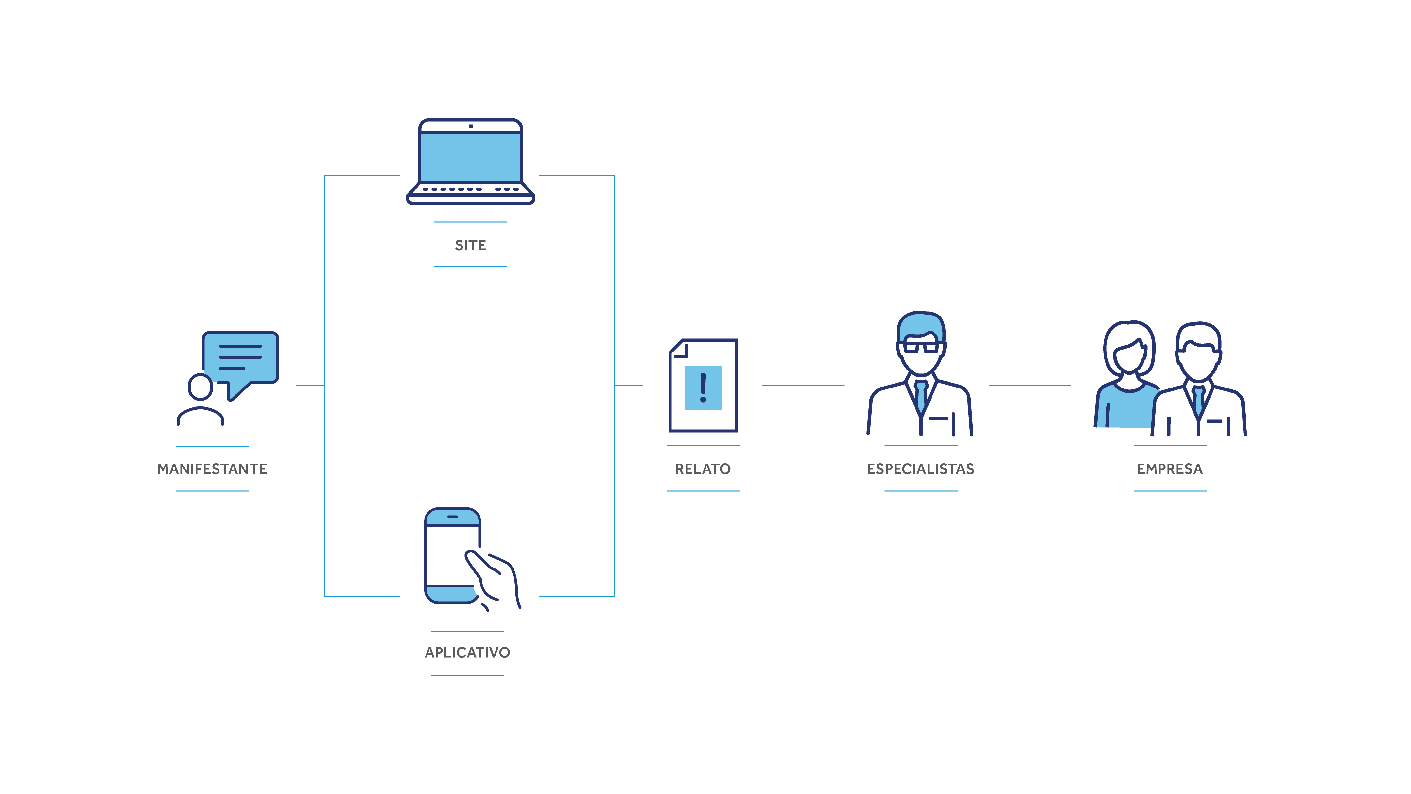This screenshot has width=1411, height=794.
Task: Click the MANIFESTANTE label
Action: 212,469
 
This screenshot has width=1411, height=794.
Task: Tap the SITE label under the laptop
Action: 470,245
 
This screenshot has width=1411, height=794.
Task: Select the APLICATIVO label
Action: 467,652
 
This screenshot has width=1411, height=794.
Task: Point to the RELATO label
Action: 703,469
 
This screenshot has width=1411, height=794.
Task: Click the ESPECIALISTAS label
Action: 920,469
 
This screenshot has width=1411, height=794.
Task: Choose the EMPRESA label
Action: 1169,469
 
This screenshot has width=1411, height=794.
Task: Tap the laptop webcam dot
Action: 470,126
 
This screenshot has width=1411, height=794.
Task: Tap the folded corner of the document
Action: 679,349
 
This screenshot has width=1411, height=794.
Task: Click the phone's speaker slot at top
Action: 452,517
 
